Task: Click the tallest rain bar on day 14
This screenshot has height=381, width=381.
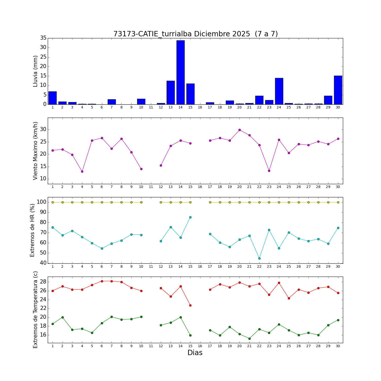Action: pos(180,72)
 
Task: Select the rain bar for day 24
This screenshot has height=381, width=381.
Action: pos(279,91)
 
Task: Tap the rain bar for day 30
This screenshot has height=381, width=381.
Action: pos(338,90)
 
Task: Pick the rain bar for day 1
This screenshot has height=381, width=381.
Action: pos(53,98)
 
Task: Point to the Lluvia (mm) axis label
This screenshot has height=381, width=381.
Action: pos(35,71)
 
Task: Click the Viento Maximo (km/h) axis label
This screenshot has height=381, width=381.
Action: pos(35,151)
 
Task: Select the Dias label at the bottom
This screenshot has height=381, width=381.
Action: pos(195,353)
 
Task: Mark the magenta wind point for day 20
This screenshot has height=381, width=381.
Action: pos(240,130)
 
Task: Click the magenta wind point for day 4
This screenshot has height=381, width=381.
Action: pos(82,171)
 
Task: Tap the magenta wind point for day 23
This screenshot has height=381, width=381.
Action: pos(269,171)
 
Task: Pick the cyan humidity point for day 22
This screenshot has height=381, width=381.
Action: pos(259,258)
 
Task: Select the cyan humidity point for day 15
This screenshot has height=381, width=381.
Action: pos(190,217)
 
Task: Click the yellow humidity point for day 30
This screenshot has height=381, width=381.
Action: pos(338,202)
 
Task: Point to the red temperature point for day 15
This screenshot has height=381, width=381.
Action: pos(190,305)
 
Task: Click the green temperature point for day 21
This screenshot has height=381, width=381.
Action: pos(249,339)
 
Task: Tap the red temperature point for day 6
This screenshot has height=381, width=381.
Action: pos(102,281)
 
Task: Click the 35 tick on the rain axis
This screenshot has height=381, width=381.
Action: pos(43,38)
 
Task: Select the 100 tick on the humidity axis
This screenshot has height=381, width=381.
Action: pos(42,202)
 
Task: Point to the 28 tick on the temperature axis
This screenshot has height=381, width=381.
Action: pos(43,282)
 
